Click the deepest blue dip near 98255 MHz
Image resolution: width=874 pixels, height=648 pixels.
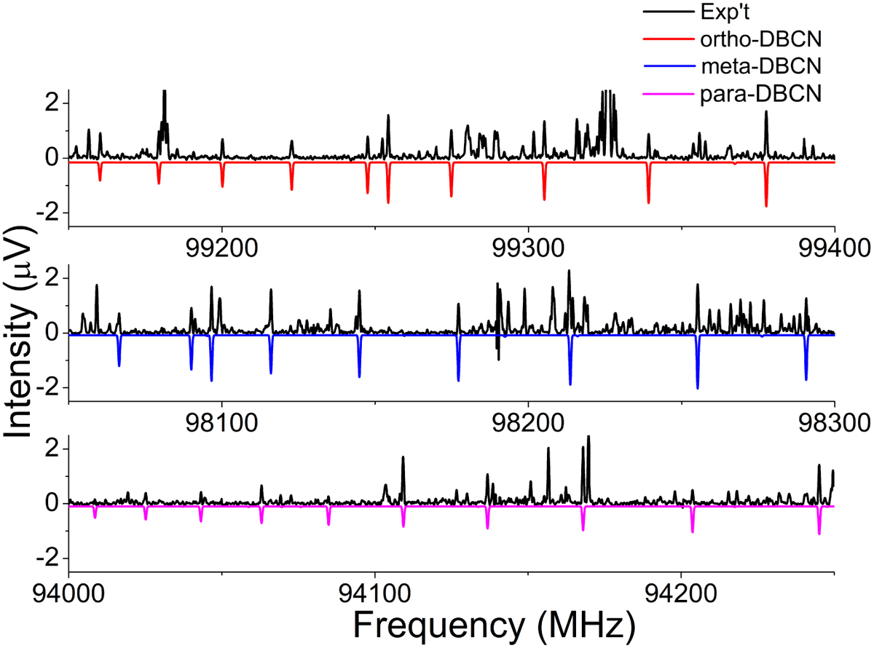tap(697, 387)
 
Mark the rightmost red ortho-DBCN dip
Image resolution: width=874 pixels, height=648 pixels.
tap(766, 205)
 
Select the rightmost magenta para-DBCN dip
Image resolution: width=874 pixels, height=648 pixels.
tap(819, 532)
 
